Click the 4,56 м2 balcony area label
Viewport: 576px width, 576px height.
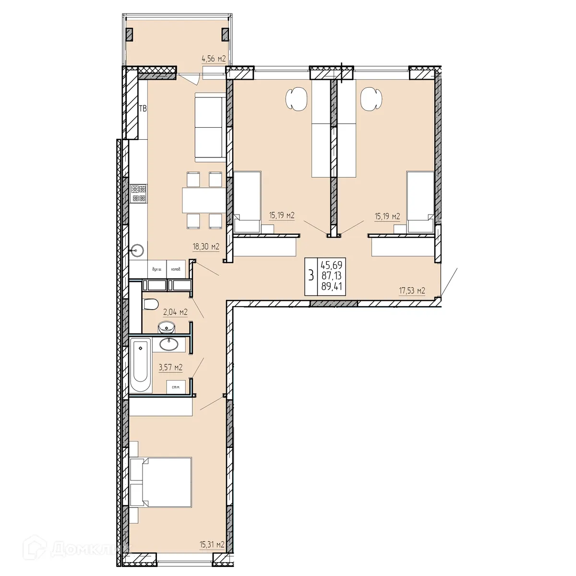214,59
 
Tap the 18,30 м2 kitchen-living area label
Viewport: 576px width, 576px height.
205,247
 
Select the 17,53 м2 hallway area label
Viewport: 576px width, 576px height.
412,290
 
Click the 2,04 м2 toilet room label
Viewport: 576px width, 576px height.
175,312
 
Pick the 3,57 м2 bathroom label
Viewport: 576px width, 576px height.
170,367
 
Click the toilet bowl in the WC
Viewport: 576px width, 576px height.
151,304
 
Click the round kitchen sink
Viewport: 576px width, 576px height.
137,250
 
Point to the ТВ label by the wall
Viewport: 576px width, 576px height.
143,109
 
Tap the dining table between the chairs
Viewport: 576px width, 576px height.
202,200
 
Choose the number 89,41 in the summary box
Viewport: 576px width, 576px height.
332,287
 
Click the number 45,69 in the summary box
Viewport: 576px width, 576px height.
332,264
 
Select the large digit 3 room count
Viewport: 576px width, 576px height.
312,276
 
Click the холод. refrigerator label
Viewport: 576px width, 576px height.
176,270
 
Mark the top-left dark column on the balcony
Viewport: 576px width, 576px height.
130,34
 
